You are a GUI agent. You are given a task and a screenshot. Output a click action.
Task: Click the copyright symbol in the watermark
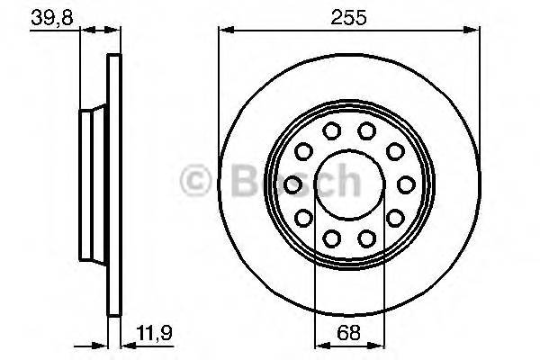[x=196, y=182]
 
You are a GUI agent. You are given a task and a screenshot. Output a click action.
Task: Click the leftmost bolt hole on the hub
[x=292, y=184]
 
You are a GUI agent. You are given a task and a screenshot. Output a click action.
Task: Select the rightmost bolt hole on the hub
[x=405, y=184]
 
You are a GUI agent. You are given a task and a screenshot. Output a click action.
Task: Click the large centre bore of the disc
[x=349, y=184]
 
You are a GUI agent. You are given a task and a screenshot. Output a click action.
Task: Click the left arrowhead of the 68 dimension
[x=320, y=343]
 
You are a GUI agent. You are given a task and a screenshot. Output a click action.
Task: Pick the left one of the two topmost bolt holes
[x=331, y=131]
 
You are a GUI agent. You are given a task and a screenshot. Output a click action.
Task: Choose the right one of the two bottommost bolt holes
[x=366, y=238]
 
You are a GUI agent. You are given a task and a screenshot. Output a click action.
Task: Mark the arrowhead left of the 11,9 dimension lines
[x=101, y=343]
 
